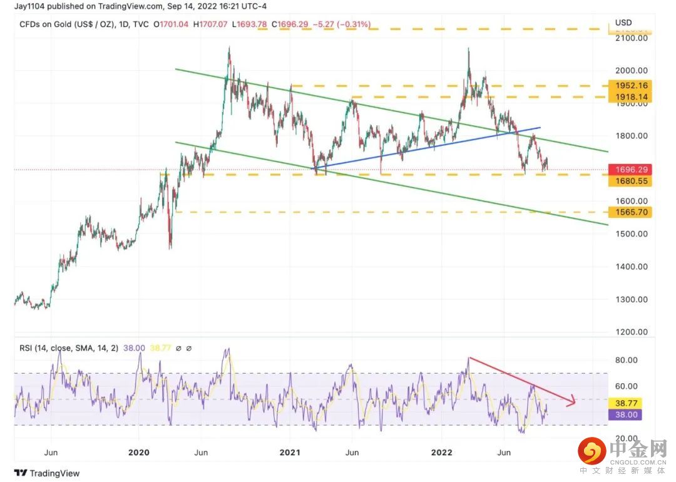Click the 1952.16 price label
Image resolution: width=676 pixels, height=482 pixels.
click(x=632, y=86)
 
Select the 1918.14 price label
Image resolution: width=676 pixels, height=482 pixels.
click(x=632, y=97)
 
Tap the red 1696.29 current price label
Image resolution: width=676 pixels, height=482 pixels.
click(x=632, y=170)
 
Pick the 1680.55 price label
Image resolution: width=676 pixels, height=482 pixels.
click(x=632, y=180)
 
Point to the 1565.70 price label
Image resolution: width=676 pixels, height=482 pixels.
click(x=632, y=212)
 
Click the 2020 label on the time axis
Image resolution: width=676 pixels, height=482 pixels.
click(x=138, y=452)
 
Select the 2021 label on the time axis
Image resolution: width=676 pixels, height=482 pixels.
click(x=290, y=452)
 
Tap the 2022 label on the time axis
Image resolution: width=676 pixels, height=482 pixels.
click(x=441, y=452)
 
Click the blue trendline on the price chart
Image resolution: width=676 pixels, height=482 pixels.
click(x=426, y=148)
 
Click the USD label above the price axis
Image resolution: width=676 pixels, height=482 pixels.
click(x=623, y=23)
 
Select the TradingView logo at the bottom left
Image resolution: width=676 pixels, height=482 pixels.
click(x=47, y=473)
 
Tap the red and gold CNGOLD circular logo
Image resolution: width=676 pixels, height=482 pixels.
click(x=590, y=451)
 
